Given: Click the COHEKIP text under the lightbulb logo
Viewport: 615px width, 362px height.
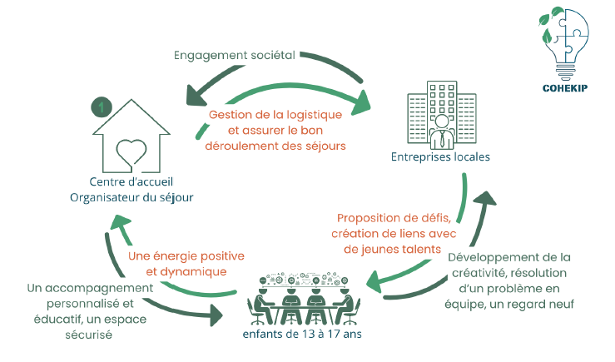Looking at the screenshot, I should point(566,87).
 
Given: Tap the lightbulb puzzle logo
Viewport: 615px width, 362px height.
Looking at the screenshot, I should point(565,45).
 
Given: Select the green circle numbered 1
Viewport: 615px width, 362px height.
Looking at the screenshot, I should point(101,107).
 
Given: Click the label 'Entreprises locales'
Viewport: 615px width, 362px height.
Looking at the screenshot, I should point(440,156).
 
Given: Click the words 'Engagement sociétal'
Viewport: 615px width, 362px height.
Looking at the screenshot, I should point(234,56).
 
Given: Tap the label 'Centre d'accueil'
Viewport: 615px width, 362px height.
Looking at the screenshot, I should point(131,181).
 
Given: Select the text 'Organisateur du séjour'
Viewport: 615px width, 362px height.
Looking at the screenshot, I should point(131,196).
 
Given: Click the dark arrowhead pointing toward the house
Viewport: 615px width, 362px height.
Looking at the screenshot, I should point(194,88).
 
